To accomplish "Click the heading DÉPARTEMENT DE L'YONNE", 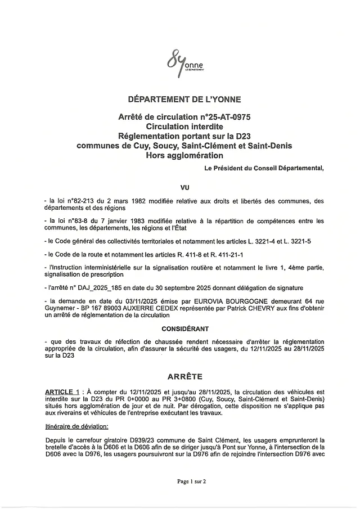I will coord(184,100).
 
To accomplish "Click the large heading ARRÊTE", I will coord(184,376).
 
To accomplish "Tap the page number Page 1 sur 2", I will coord(184,481).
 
